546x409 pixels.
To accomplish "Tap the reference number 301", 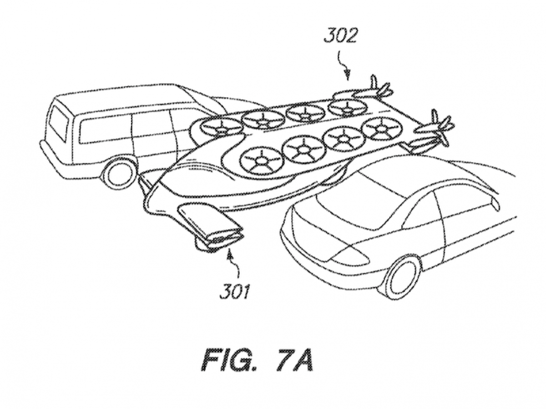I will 234,290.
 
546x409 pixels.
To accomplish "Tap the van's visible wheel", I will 119,173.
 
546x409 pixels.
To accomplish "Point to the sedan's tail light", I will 349,255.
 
